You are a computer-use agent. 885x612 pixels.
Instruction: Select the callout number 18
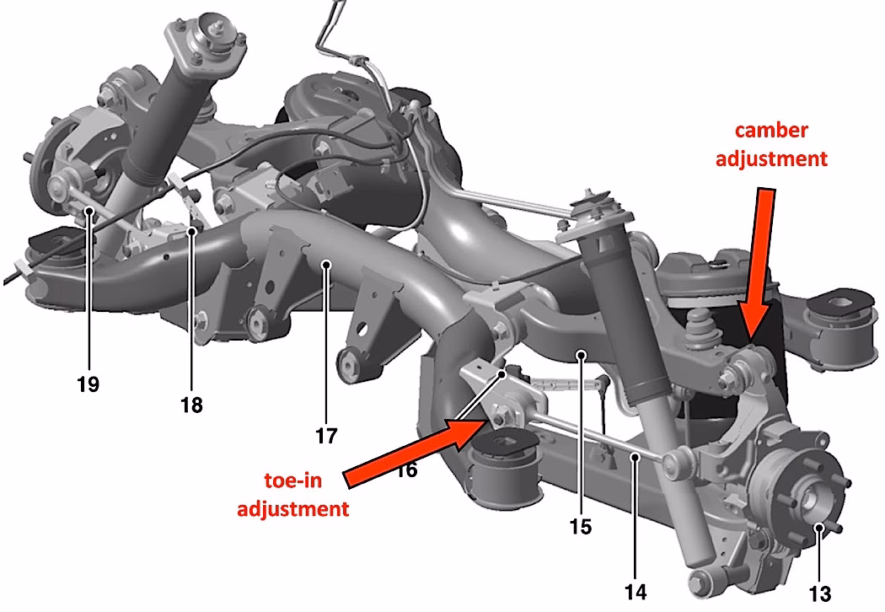point(191,405)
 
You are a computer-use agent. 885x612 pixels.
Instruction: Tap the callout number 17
point(326,436)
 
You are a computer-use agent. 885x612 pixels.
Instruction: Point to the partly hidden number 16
point(406,470)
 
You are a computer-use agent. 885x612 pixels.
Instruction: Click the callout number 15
point(581,528)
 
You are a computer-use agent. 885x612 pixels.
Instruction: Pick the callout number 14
point(636,592)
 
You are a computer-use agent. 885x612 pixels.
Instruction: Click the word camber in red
point(771,131)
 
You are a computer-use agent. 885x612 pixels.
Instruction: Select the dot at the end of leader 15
point(581,357)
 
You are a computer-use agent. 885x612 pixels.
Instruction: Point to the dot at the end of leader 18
point(192,230)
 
